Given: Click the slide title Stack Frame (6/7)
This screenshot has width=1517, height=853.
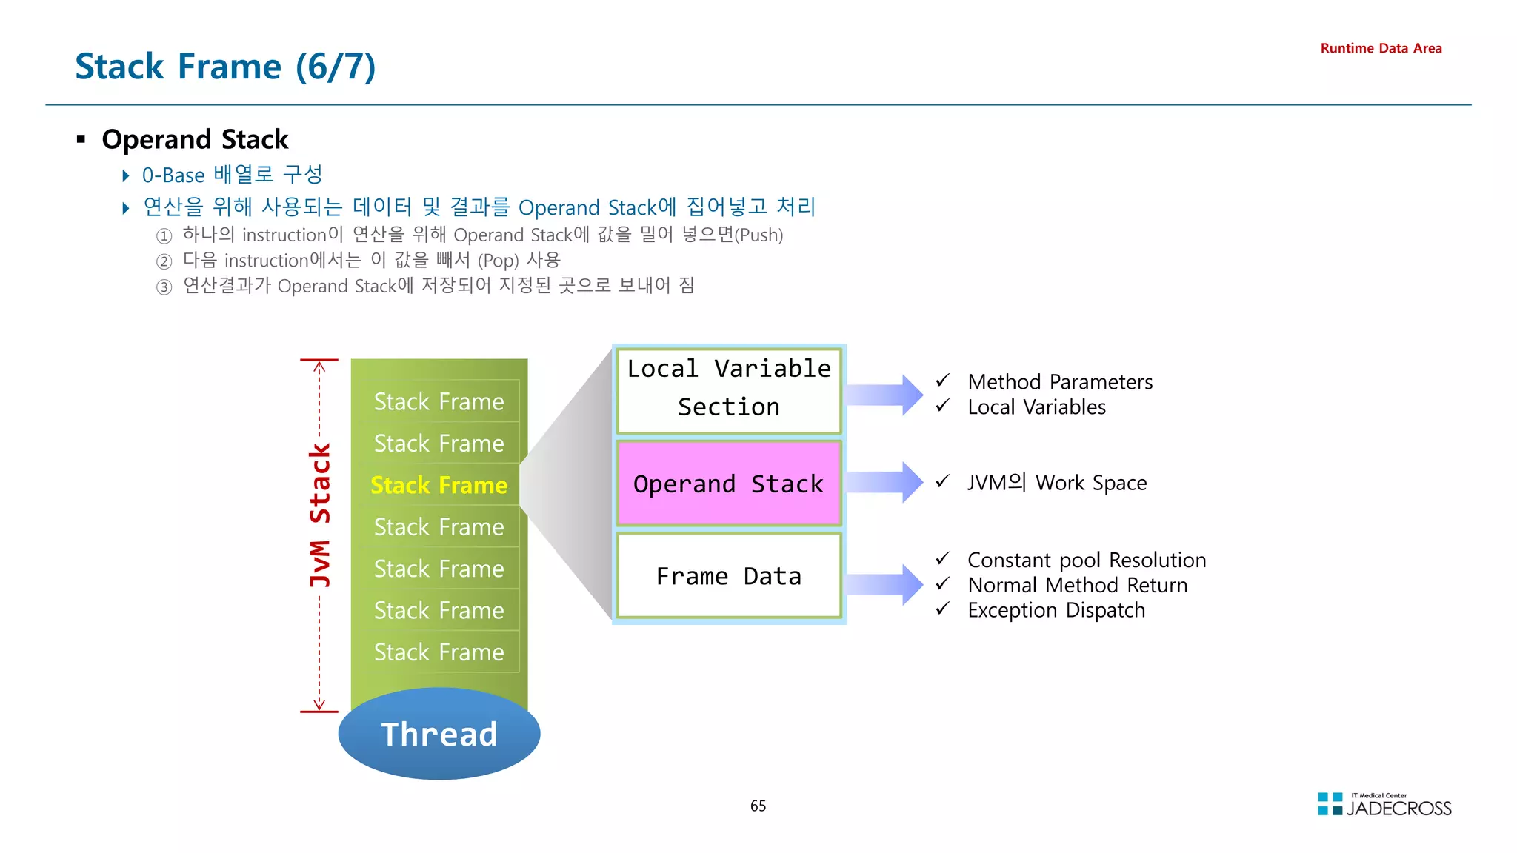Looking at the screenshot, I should tap(225, 67).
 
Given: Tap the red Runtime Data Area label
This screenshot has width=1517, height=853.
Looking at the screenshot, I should tap(1381, 48).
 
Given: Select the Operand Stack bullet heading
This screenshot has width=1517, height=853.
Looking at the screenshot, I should tap(195, 139).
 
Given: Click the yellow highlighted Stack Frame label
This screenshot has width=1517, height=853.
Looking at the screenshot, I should tap(439, 485).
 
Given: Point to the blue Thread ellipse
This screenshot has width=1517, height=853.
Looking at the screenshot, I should tap(439, 734).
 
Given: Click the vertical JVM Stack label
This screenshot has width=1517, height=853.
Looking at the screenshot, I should tap(320, 515).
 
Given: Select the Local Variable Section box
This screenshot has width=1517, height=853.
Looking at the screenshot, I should tap(729, 389).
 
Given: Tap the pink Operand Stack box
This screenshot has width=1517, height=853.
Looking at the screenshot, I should tap(729, 484).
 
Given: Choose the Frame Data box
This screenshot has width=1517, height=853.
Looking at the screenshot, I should tap(729, 575).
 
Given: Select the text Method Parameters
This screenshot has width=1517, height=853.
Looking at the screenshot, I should tap(1059, 382).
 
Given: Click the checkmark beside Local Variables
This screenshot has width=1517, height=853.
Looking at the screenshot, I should tap(942, 406).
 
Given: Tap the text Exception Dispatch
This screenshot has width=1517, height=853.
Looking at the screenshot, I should tap(1056, 610).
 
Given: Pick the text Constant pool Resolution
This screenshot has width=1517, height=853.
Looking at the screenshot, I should tap(1086, 560).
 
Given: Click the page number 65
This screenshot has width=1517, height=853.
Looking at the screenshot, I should tap(758, 806).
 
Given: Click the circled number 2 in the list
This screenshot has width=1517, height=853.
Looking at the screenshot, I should tap(164, 261).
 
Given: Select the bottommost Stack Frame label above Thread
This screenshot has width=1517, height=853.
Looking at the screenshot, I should tap(439, 652).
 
